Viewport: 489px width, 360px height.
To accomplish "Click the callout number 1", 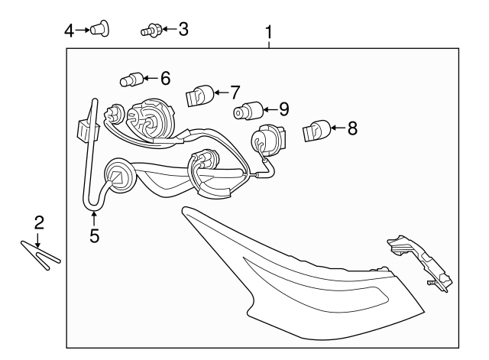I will [268, 32].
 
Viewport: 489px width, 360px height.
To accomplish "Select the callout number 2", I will [39, 222].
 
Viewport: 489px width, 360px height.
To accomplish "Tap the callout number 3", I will [183, 30].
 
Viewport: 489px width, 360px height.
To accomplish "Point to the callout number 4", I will [69, 31].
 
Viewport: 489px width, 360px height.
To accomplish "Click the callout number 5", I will [94, 235].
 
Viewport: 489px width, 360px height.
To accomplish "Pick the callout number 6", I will [164, 78].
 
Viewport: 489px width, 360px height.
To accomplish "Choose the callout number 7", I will [235, 93].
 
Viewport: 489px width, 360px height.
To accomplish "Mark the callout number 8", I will [351, 128].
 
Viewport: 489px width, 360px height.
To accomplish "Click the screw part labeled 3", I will [150, 31].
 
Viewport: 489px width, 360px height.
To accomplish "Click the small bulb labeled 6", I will [131, 79].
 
